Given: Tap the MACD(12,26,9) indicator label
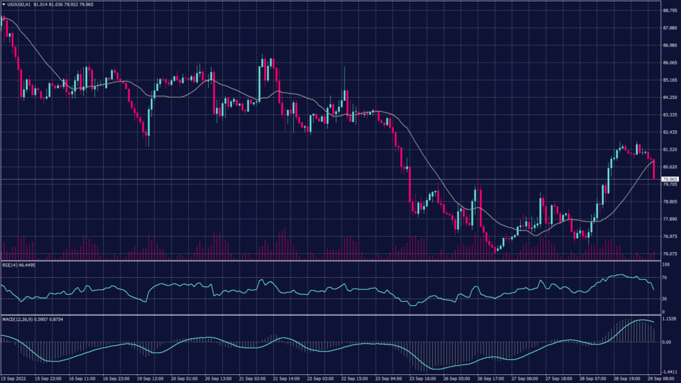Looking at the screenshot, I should tap(19, 319).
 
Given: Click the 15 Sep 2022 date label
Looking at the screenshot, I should tap(15, 379).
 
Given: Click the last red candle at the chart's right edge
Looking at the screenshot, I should tap(655, 170).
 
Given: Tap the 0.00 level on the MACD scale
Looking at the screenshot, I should tap(666, 342).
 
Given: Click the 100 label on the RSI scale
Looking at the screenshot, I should tap(664, 265).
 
